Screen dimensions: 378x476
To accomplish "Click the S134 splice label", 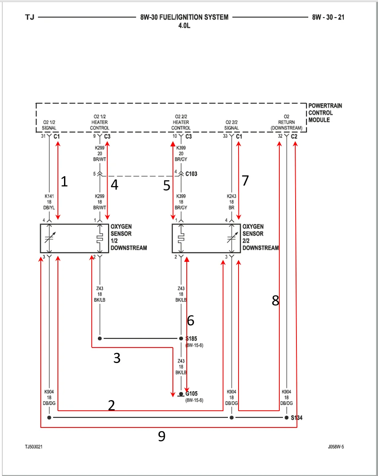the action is [x=296, y=418].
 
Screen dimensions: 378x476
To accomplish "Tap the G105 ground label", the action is [x=191, y=394].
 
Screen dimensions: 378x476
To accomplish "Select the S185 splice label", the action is [x=191, y=339].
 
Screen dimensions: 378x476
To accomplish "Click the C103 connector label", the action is [x=191, y=174].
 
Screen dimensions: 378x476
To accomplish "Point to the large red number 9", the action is [x=162, y=436].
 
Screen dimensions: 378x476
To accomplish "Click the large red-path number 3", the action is [x=117, y=358].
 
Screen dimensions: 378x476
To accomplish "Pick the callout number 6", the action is [x=190, y=321].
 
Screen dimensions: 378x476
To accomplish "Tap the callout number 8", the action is [x=275, y=301].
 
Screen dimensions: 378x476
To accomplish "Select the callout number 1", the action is [x=64, y=182].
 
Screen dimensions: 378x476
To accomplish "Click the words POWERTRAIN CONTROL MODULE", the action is [x=325, y=113].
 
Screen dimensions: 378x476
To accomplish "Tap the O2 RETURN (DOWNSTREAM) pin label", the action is [x=286, y=122].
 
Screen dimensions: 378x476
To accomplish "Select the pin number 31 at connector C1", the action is [x=43, y=136].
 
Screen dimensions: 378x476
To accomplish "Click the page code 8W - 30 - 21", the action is [x=328, y=17].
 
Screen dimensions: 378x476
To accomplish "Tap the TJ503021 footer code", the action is [x=34, y=447].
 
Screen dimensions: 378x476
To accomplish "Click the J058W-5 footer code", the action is [x=336, y=447].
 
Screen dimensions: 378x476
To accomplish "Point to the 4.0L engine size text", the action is [x=184, y=26].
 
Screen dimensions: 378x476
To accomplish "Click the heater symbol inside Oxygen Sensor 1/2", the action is [x=100, y=239].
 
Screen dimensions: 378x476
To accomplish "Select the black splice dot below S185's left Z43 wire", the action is [x=100, y=338].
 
